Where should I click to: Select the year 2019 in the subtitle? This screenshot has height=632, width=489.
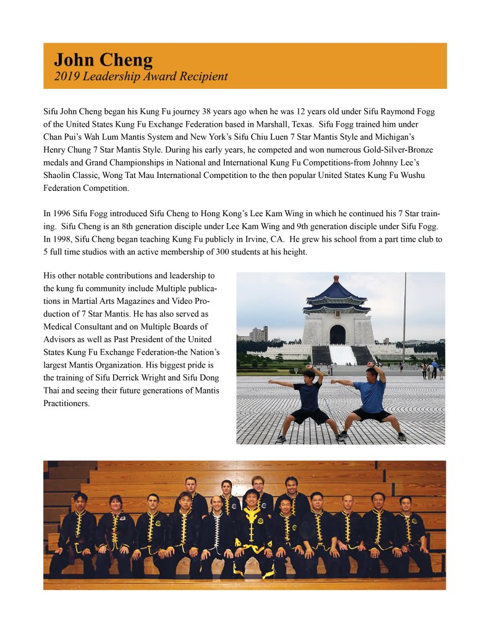tap(66, 77)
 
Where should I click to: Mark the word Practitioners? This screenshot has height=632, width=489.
tap(66, 404)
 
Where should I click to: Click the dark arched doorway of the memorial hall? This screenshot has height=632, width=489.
tap(337, 335)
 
